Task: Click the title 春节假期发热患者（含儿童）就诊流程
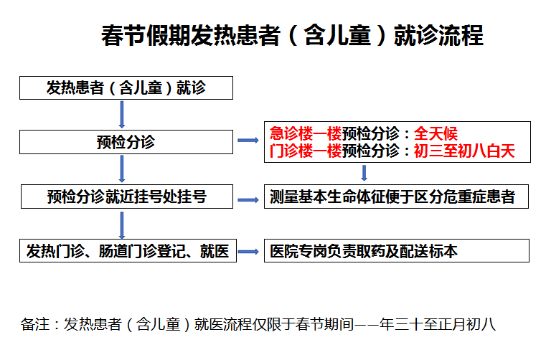[x=292, y=35]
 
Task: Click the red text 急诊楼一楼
[x=306, y=133]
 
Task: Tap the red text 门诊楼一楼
[x=306, y=151]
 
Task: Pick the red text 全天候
[x=436, y=133]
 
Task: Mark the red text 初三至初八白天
[x=464, y=151]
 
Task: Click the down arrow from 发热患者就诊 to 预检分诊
[x=122, y=115]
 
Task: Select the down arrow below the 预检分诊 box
[x=122, y=169]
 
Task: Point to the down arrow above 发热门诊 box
[x=122, y=225]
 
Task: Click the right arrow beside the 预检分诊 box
[x=248, y=141]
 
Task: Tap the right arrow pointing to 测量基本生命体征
[x=248, y=200]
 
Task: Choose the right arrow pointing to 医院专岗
[x=248, y=252]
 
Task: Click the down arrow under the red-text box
[x=364, y=173]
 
